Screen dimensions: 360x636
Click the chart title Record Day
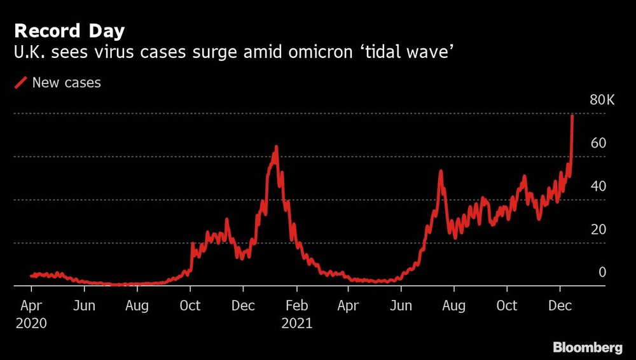pyautogui.click(x=69, y=31)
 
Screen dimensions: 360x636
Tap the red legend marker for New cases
pyautogui.click(x=21, y=83)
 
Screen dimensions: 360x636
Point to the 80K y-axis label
pyautogui.click(x=602, y=100)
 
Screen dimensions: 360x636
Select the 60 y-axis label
pyautogui.click(x=598, y=143)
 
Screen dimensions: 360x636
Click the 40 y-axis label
pyautogui.click(x=598, y=186)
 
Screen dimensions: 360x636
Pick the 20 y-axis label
pyautogui.click(x=598, y=230)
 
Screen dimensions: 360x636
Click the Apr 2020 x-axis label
pyautogui.click(x=31, y=306)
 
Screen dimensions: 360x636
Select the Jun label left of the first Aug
pyautogui.click(x=84, y=306)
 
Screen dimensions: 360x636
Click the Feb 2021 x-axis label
pyautogui.click(x=296, y=306)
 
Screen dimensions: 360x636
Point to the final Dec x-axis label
pyautogui.click(x=560, y=306)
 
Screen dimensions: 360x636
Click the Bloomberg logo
pyautogui.click(x=587, y=347)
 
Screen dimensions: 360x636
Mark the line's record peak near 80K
pyautogui.click(x=572, y=116)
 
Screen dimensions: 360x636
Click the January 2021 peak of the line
pyautogui.click(x=276, y=148)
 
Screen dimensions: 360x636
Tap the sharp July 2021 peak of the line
pyautogui.click(x=440, y=172)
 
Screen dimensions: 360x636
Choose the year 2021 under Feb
pyautogui.click(x=296, y=323)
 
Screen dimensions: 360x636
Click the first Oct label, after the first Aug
pyautogui.click(x=190, y=306)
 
